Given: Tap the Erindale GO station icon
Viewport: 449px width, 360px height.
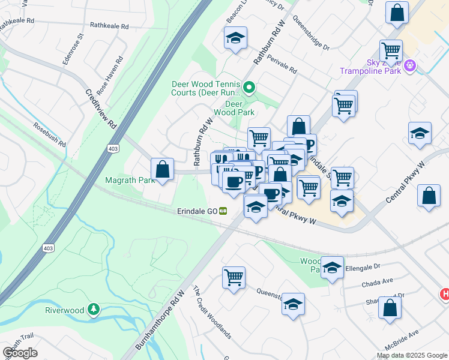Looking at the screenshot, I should [x=223, y=211].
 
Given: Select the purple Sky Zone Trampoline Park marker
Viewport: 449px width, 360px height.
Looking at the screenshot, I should [x=410, y=65].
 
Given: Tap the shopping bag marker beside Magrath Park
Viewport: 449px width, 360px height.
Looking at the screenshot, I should [x=162, y=169].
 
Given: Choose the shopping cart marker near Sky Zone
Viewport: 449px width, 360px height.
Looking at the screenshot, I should [x=391, y=50].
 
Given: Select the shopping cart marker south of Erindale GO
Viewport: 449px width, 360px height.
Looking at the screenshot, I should [x=233, y=277].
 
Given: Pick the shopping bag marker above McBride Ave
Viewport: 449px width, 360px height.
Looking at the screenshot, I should [x=390, y=307].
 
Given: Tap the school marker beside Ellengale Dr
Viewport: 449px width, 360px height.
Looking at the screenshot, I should [x=332, y=268].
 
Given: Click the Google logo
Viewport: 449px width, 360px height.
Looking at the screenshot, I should [x=20, y=353].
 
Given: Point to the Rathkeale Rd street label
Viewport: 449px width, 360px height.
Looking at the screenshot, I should [x=109, y=26].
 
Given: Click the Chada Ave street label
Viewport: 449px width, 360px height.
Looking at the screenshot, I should [x=378, y=280].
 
